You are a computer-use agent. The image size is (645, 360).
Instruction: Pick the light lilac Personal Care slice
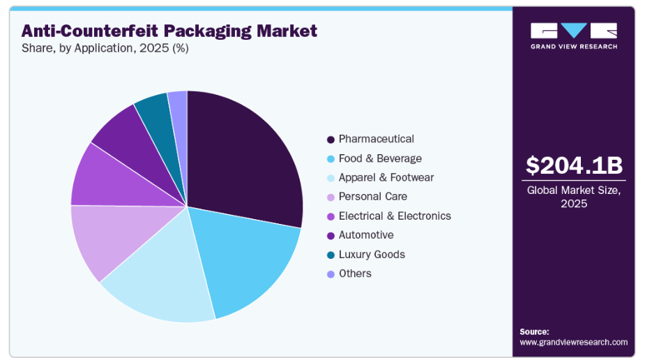click(105, 237)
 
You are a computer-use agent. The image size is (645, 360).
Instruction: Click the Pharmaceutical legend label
click(376, 139)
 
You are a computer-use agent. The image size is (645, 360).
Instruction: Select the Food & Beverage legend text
click(380, 158)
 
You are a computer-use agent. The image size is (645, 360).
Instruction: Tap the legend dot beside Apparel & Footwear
click(330, 178)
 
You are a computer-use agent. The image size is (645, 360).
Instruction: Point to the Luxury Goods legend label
click(372, 255)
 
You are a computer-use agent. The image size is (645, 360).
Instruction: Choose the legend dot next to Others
click(330, 273)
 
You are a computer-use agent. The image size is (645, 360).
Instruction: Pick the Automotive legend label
click(366, 235)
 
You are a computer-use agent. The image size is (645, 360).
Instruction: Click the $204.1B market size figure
click(574, 165)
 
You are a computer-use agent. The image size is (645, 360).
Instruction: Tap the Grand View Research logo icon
click(573, 31)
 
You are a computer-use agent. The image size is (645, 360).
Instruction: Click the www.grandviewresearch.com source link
click(573, 343)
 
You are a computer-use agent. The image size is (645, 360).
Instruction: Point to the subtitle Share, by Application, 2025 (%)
click(105, 49)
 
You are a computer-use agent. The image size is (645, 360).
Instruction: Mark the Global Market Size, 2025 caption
click(573, 196)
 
